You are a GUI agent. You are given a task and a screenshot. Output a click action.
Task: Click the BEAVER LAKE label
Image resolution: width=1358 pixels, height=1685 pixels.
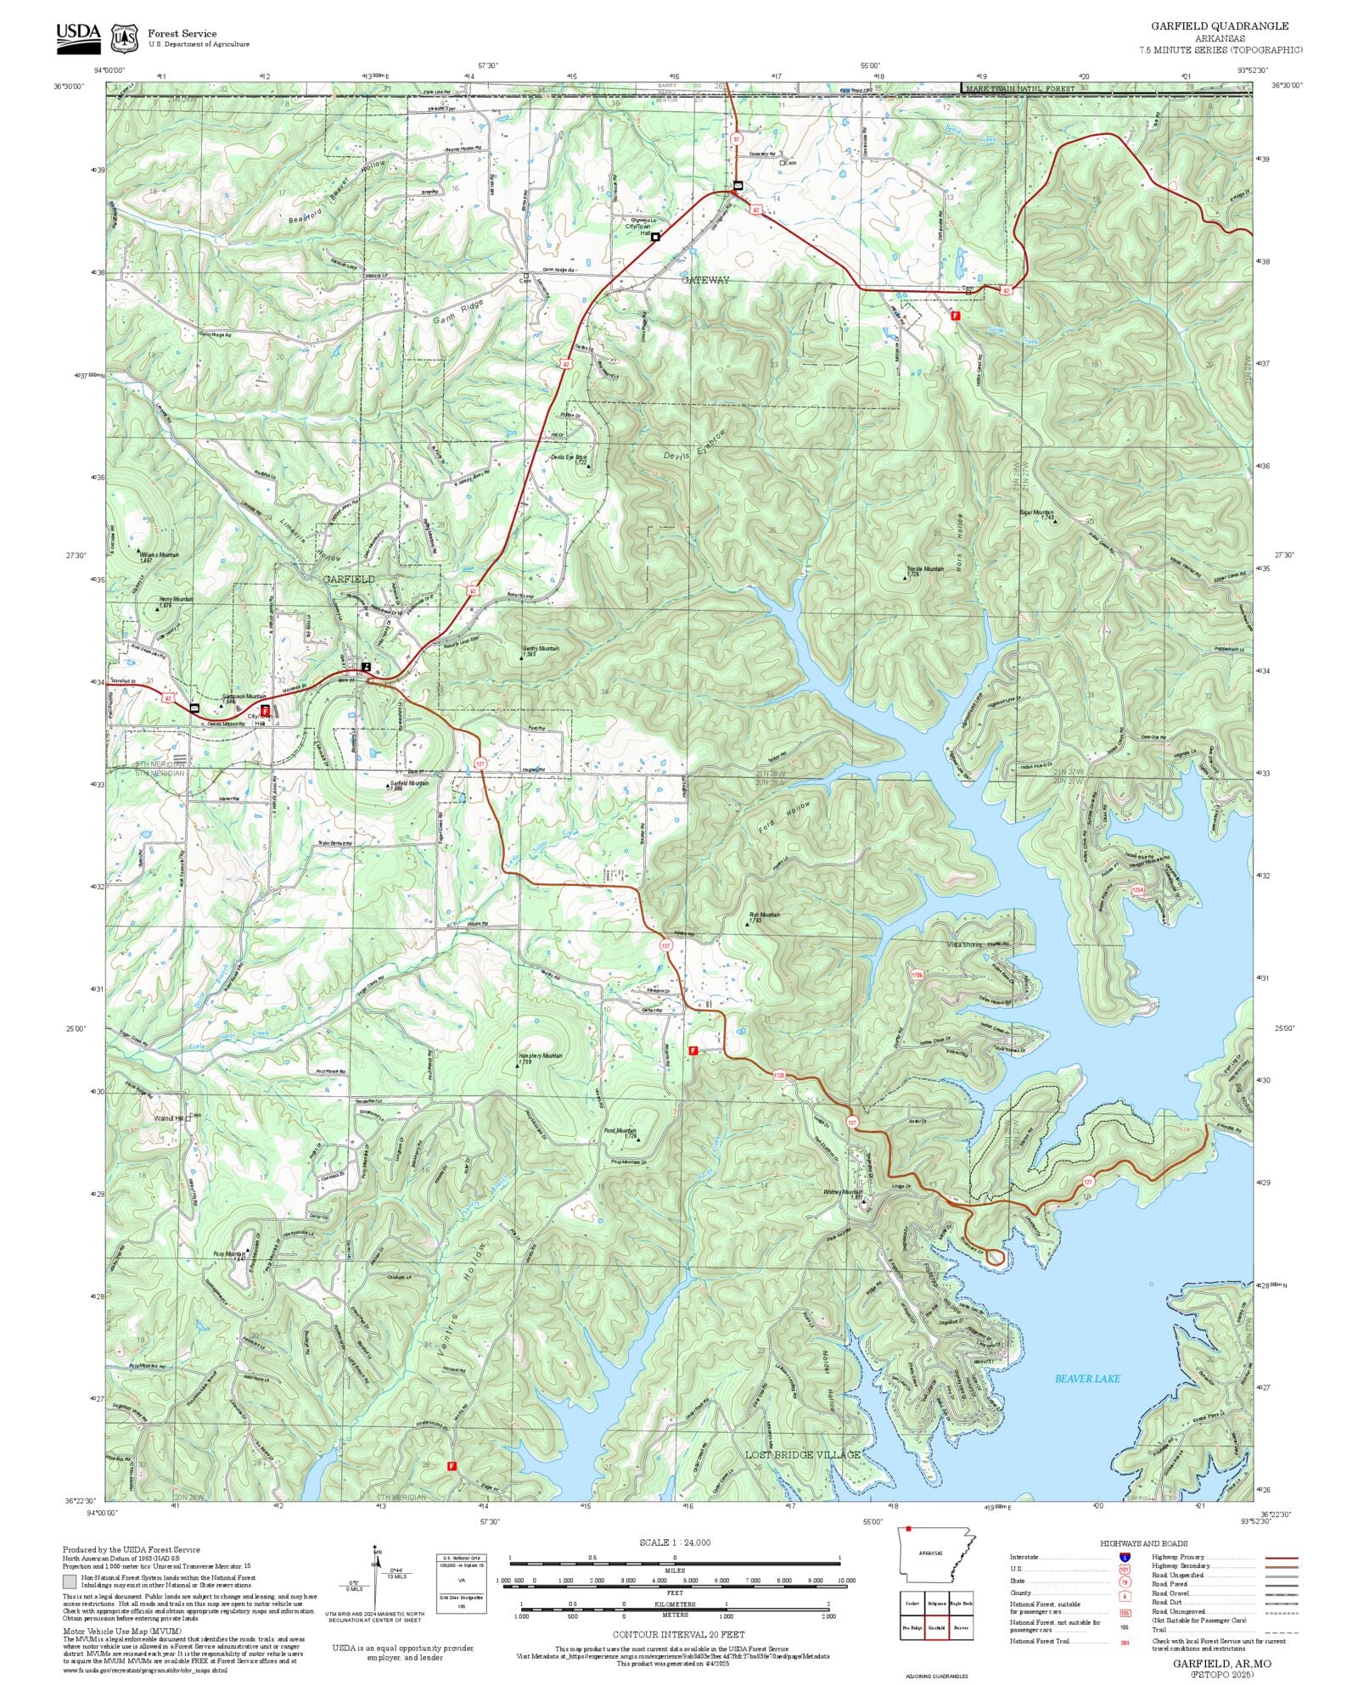tap(1086, 1379)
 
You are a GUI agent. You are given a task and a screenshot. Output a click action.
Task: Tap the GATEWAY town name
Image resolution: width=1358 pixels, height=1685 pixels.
tap(704, 280)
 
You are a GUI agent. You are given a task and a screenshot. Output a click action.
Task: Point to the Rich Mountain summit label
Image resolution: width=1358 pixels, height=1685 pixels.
tap(763, 915)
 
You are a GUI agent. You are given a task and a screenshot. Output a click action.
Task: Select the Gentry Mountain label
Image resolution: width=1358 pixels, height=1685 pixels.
tap(541, 649)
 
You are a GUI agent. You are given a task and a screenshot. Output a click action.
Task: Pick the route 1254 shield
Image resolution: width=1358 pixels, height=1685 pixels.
tap(1138, 889)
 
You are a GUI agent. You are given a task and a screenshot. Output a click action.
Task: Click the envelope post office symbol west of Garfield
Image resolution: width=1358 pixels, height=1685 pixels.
tap(194, 708)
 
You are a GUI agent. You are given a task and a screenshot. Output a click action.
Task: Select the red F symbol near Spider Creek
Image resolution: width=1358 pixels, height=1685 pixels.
tap(956, 315)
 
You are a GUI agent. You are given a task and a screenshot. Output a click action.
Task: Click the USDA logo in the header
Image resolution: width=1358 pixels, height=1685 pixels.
tap(78, 38)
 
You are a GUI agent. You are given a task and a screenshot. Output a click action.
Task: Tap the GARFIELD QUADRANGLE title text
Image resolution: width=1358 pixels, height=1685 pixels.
tap(1219, 26)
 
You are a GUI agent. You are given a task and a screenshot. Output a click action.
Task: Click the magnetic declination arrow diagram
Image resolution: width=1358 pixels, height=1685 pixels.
tap(374, 1580)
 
